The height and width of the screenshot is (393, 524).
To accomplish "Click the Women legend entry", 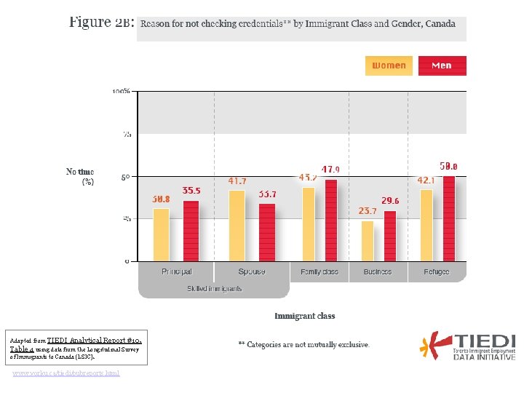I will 389,65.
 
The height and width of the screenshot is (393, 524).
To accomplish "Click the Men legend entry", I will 442,65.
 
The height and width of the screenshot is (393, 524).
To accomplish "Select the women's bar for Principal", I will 161,234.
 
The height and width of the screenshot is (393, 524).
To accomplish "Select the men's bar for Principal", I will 191,231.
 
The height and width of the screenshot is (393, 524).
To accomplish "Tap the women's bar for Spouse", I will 237,226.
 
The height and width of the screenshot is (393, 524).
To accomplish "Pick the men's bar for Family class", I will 331,220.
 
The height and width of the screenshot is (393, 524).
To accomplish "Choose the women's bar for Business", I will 368,241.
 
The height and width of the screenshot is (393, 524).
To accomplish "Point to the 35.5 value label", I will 191,191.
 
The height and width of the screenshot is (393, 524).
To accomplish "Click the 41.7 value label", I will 237,180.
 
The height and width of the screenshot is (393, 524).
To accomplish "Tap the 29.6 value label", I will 390,201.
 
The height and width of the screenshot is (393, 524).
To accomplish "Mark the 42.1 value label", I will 426,180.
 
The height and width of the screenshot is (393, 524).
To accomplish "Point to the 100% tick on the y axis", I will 122,91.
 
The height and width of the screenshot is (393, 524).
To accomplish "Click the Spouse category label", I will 252,271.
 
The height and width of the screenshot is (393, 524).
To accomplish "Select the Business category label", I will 377,271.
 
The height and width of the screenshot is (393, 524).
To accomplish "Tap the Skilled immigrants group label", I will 214,289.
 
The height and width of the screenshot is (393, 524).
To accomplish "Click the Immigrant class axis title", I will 305,316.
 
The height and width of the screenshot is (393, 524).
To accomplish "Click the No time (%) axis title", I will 80,177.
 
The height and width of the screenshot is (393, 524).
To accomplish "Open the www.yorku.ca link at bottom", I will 66,373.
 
